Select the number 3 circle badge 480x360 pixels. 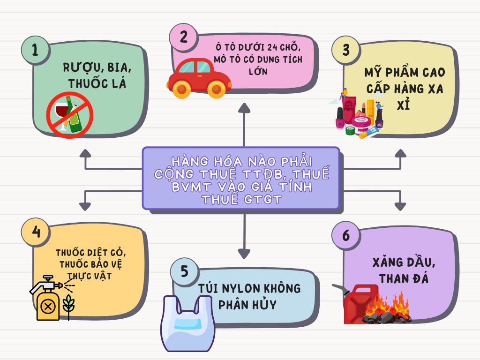coord(346,50)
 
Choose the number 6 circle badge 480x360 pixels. coord(346,235)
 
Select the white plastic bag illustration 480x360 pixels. coord(187,324)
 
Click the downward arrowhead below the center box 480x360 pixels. coord(244,254)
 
